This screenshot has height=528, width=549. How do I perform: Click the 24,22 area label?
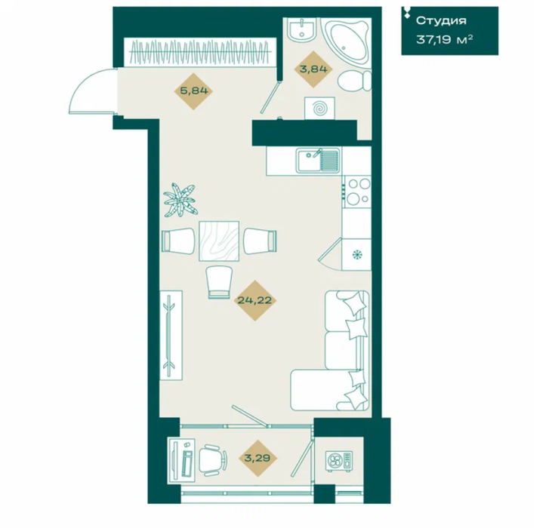tap(254, 300)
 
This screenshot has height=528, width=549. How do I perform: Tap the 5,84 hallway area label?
tap(193, 91)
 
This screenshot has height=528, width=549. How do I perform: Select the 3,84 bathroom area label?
tap(313, 69)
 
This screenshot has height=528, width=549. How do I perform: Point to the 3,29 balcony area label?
tap(257, 458)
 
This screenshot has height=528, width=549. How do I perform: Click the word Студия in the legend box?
tap(441, 20)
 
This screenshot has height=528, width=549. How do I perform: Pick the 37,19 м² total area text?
tap(444, 40)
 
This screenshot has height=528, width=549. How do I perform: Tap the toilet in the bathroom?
tap(354, 81)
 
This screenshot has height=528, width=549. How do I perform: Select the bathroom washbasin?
tap(302, 29)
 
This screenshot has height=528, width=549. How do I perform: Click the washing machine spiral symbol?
tap(319, 109)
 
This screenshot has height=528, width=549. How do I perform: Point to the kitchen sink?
tap(318, 160)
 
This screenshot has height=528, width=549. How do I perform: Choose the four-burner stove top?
tap(358, 192)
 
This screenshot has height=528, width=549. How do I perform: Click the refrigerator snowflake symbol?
tap(357, 254)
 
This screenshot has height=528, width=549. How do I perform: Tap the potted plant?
tap(180, 200)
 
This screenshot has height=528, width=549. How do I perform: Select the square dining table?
tap(219, 241)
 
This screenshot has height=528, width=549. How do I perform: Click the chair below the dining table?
tap(220, 282)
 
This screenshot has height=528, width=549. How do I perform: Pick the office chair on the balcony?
tap(213, 460)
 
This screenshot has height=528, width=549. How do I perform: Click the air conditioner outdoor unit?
tap(339, 461)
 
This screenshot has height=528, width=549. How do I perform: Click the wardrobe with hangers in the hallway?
tap(200, 52)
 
